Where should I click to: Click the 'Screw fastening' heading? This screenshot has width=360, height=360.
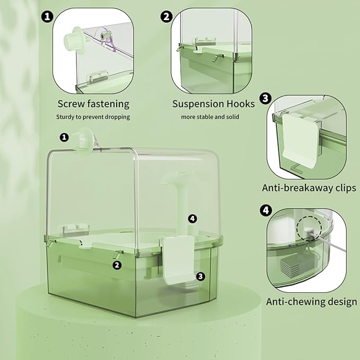[x=93, y=104]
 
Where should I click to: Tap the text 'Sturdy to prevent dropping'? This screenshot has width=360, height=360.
[x=93, y=116]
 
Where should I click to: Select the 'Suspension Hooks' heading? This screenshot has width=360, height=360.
[x=214, y=104]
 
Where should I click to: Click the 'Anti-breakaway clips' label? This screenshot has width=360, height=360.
[x=309, y=188]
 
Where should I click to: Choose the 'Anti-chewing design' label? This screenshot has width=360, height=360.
[x=311, y=302]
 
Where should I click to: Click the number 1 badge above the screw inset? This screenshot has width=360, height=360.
[x=47, y=16]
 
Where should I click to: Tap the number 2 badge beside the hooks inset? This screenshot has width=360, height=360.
[x=166, y=16]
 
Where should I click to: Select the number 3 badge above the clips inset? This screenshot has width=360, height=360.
[x=266, y=98]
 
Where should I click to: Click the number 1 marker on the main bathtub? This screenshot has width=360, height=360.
[x=64, y=137]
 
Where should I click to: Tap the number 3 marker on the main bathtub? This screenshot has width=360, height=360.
[x=200, y=276]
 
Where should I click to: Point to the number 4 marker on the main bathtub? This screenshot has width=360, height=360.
[x=192, y=218]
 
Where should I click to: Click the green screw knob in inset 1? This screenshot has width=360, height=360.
[x=72, y=39]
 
